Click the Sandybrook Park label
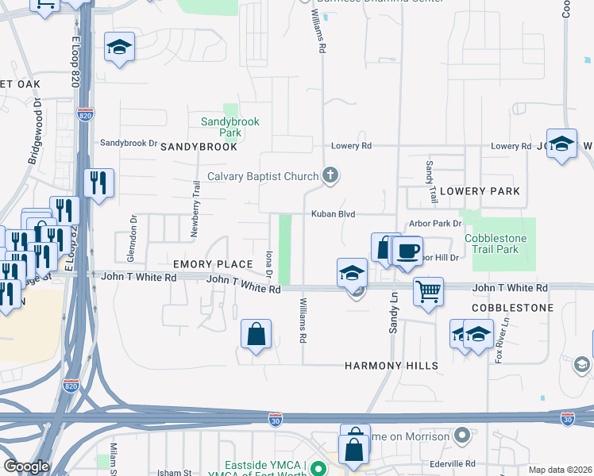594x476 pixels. pos(229,127)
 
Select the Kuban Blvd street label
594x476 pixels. pos(332,214)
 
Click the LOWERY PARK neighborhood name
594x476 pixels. pos(480,191)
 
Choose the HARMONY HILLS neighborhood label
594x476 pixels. pos(391,366)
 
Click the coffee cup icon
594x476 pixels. pos(408,251)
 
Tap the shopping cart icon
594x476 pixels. pos(428,291)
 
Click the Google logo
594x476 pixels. pos(25,466)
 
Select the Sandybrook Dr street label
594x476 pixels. pos(129,143)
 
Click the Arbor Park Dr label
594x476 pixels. pos(434,224)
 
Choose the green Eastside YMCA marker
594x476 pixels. pos(317,468)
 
